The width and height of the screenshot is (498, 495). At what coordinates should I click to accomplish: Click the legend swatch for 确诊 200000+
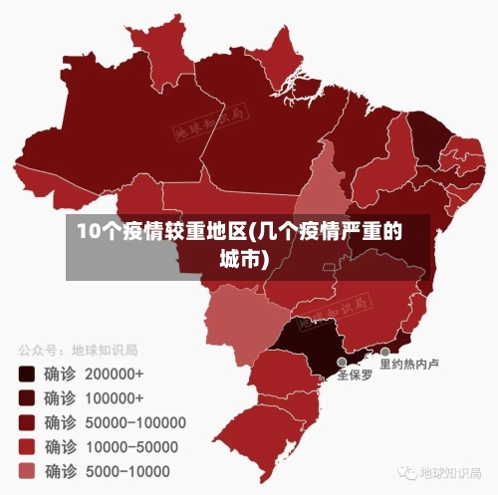coord(27,374)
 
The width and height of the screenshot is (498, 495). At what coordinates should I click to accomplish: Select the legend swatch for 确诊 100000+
coord(27,398)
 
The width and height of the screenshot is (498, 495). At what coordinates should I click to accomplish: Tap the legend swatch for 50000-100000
coord(27,422)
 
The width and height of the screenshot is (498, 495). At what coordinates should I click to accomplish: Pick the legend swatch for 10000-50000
coord(27,446)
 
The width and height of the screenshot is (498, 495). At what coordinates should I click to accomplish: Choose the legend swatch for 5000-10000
coord(27,470)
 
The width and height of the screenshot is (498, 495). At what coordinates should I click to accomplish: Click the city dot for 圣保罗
coord(342,363)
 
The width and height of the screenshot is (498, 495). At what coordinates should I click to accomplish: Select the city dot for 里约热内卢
coord(384,352)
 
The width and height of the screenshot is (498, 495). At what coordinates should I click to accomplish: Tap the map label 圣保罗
coord(355,376)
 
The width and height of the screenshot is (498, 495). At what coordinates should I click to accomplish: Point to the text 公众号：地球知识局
coord(77,351)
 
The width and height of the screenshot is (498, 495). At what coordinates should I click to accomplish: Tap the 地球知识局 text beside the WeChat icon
coord(450,472)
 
